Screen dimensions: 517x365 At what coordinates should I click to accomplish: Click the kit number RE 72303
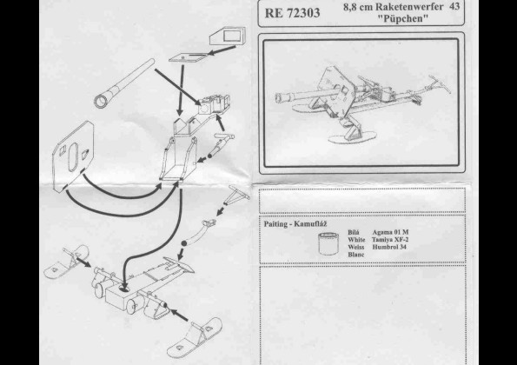292,13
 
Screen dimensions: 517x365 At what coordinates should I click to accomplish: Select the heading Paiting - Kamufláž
295,224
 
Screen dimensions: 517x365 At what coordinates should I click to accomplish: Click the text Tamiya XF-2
390,240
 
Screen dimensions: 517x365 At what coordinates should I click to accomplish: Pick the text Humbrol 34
389,247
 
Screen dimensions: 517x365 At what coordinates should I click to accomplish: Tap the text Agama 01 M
390,232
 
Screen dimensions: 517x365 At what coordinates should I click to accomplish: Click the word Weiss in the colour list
356,247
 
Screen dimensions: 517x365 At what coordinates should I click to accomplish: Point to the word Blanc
356,255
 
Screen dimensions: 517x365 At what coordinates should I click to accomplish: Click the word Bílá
354,232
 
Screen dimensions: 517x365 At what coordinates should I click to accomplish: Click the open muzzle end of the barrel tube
101,101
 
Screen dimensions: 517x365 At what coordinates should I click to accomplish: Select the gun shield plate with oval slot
74,156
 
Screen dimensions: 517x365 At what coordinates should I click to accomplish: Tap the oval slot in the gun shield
73,157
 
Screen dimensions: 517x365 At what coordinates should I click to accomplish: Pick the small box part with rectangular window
228,36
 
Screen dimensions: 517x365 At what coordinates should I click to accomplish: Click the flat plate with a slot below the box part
188,57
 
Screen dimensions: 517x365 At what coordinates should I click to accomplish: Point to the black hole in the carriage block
124,289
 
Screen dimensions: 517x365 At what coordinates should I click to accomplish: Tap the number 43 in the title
454,7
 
